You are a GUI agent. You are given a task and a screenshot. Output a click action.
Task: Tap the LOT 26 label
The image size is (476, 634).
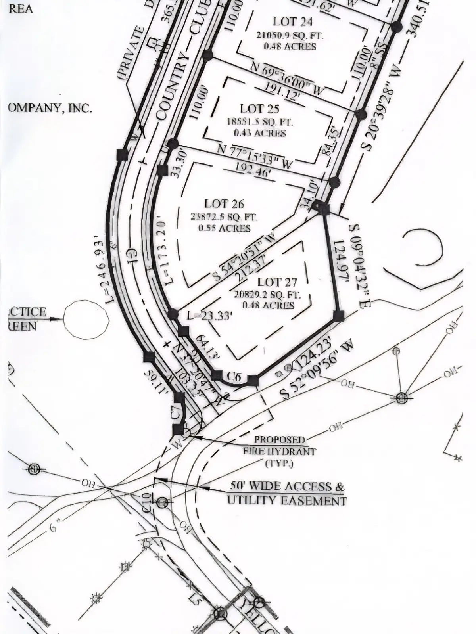tap(224, 204)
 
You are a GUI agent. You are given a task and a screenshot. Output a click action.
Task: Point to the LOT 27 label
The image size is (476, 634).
tap(277, 282)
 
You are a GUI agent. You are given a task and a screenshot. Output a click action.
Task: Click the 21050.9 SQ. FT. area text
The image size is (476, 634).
tap(290, 35)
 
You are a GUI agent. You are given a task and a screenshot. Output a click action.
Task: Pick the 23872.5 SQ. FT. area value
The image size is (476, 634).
tap(225, 217)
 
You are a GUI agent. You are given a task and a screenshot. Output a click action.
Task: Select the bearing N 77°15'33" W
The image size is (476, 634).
tap(255, 156)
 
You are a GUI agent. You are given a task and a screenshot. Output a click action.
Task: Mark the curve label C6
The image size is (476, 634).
tap(234, 377)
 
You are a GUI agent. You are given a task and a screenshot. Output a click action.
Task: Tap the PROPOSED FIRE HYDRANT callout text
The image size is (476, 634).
tap(280, 451)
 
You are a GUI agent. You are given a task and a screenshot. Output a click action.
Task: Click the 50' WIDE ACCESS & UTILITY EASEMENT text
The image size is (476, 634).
tap(286, 493)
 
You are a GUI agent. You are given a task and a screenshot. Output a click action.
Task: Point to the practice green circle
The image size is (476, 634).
tap(86, 320)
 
